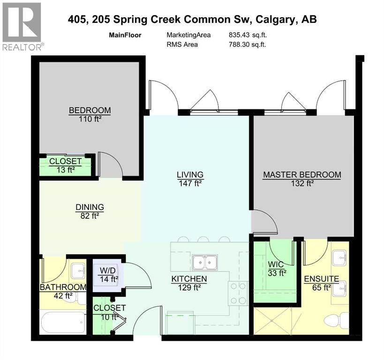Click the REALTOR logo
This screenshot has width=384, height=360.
click(23, 26)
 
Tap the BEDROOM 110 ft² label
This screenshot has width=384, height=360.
click(90, 114)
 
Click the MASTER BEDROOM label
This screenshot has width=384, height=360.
click(302, 179)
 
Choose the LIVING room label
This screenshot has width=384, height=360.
click(189, 179)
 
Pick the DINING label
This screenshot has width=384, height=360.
click(90, 211)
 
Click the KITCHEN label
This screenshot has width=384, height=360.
click(189, 283)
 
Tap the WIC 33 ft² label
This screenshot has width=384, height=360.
click(276, 276)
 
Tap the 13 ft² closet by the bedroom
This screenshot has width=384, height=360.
click(66, 165)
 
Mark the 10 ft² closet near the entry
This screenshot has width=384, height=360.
click(109, 312)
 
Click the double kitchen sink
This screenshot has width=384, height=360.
click(204, 261)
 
